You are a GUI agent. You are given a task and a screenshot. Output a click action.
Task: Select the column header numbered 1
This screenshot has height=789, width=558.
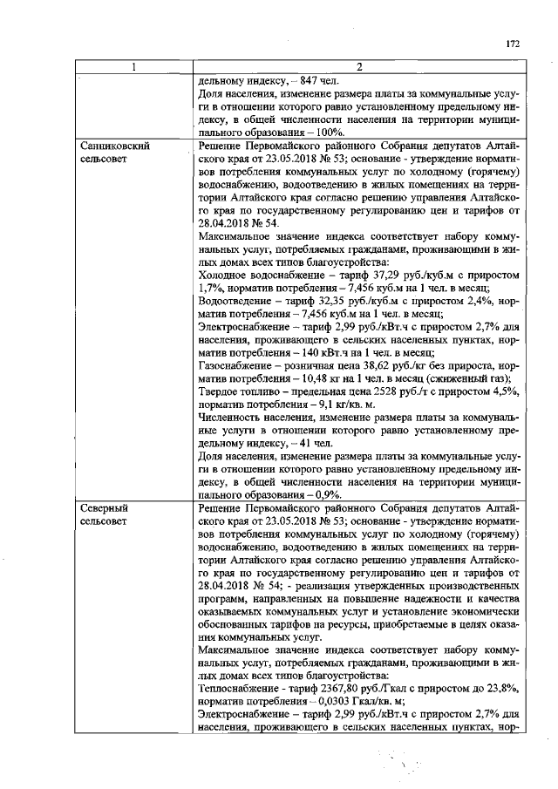click(135, 68)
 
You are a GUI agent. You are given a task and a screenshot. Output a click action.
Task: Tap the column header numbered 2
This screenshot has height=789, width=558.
click(357, 68)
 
